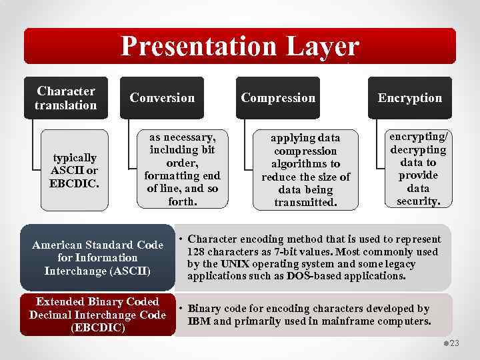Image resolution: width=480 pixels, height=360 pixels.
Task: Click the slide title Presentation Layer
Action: coord(239,47)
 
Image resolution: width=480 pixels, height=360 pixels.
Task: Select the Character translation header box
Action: coord(66,98)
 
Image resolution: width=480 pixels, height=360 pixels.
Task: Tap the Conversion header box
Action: coord(162,98)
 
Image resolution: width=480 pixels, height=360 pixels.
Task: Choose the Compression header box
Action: coord(278,98)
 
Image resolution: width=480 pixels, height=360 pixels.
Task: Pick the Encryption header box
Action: coord(409,98)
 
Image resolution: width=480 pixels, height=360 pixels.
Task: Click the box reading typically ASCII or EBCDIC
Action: coord(75,170)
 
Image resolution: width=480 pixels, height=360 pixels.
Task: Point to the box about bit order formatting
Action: coord(182,169)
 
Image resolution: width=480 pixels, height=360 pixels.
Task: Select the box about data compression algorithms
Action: coord(305,170)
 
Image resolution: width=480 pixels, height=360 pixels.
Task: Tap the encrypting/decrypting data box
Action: coord(418,169)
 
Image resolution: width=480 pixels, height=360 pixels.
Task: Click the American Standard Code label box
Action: coord(97,258)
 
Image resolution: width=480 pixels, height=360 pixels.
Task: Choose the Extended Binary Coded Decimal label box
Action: coord(97,315)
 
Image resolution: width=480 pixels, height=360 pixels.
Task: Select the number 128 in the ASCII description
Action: coord(197,251)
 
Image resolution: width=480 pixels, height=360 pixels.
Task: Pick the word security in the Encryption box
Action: coord(418,201)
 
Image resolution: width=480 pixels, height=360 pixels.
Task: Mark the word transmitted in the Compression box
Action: coord(306,202)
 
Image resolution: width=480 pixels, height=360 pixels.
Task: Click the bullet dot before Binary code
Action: coord(181,309)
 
